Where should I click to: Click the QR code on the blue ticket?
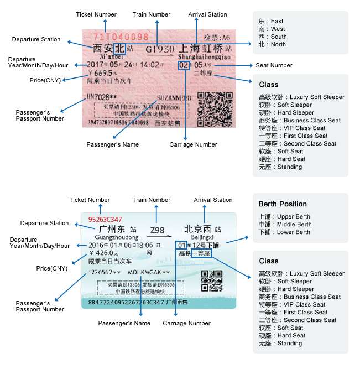coord(211,280)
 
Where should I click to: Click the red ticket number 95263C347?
coord(105,220)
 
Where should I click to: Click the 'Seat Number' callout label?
coord(274,65)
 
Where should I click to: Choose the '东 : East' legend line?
coord(271,22)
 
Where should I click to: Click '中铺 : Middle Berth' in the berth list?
coord(284,225)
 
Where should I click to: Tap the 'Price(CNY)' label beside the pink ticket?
coord(44,81)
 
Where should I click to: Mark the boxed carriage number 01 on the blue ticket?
coord(181,245)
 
